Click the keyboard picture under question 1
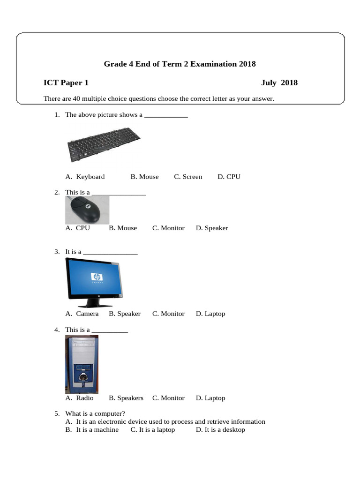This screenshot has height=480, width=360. [x=104, y=144]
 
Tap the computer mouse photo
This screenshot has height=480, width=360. [x=88, y=210]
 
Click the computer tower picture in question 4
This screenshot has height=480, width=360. [x=82, y=364]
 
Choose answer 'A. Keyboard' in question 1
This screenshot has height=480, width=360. [x=85, y=177]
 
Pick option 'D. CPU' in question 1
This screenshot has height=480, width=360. [x=229, y=177]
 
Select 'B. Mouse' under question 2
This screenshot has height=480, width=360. [x=123, y=228]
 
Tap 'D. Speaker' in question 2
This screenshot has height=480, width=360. [x=212, y=228]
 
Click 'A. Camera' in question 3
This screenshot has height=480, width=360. [x=82, y=314]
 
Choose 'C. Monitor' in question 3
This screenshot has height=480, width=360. [x=168, y=314]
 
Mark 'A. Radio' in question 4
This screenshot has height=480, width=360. [x=79, y=398]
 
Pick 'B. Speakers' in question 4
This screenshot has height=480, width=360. [x=126, y=398]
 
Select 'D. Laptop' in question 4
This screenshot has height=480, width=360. [x=210, y=398]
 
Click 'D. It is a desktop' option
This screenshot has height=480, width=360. [x=220, y=429]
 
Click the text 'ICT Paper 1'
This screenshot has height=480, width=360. [x=66, y=83]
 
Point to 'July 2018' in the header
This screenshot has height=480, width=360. [x=279, y=83]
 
